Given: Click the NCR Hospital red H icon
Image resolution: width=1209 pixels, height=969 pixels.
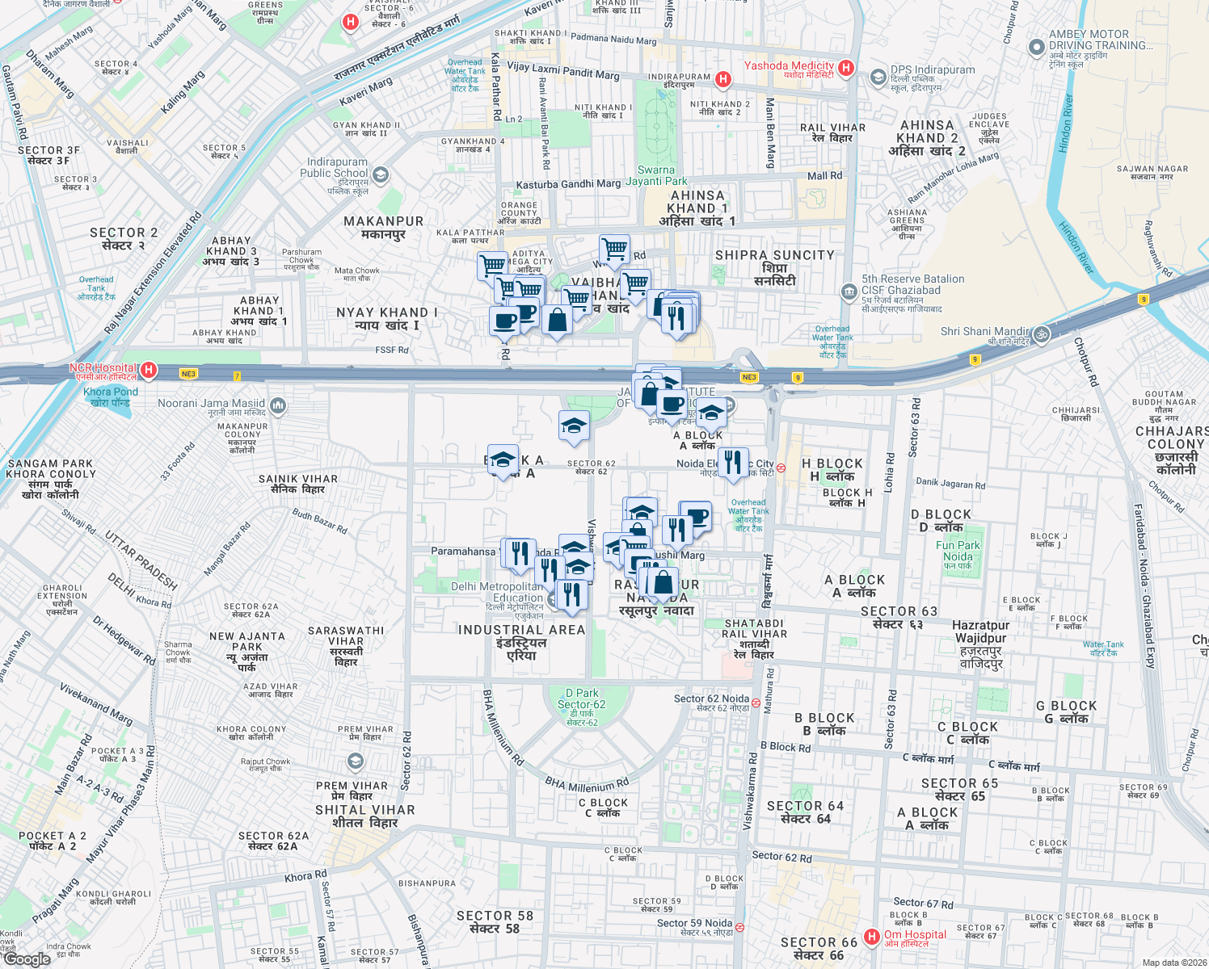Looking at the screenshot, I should [x=148, y=370].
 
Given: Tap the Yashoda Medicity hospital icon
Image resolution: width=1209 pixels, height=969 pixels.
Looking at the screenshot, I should [x=846, y=68].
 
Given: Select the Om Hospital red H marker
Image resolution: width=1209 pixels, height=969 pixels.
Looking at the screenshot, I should [x=871, y=937].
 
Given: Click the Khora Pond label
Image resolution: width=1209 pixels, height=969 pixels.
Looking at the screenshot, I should [x=111, y=396].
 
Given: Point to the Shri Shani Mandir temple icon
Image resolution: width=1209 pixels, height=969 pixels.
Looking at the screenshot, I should [x=1042, y=333].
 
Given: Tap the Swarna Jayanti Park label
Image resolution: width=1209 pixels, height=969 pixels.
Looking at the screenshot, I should [x=656, y=175].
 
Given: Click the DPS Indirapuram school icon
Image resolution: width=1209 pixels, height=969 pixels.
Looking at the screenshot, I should [x=878, y=78].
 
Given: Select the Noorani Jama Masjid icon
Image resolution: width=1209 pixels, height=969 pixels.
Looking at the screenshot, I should [x=278, y=405].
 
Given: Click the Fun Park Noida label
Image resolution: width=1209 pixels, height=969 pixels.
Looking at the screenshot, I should [x=958, y=551].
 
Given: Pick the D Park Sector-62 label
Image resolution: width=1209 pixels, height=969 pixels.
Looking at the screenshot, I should [x=582, y=698].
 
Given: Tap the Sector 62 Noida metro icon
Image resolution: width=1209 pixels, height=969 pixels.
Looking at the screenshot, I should [x=756, y=703].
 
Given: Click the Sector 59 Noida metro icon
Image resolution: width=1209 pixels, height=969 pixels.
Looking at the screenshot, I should [x=739, y=927].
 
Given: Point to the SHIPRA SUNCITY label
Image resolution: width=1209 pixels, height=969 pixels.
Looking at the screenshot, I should [x=774, y=255].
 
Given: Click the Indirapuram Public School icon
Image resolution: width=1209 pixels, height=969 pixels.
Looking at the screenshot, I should [x=381, y=174].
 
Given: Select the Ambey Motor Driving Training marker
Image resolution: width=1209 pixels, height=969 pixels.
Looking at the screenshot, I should [x=1037, y=48].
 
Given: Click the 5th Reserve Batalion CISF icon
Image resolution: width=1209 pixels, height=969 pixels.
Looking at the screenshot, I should [x=848, y=292].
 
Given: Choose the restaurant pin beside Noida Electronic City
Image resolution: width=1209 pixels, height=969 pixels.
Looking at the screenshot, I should [x=733, y=464].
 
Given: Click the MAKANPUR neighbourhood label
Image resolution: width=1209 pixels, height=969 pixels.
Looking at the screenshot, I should [x=383, y=221].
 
